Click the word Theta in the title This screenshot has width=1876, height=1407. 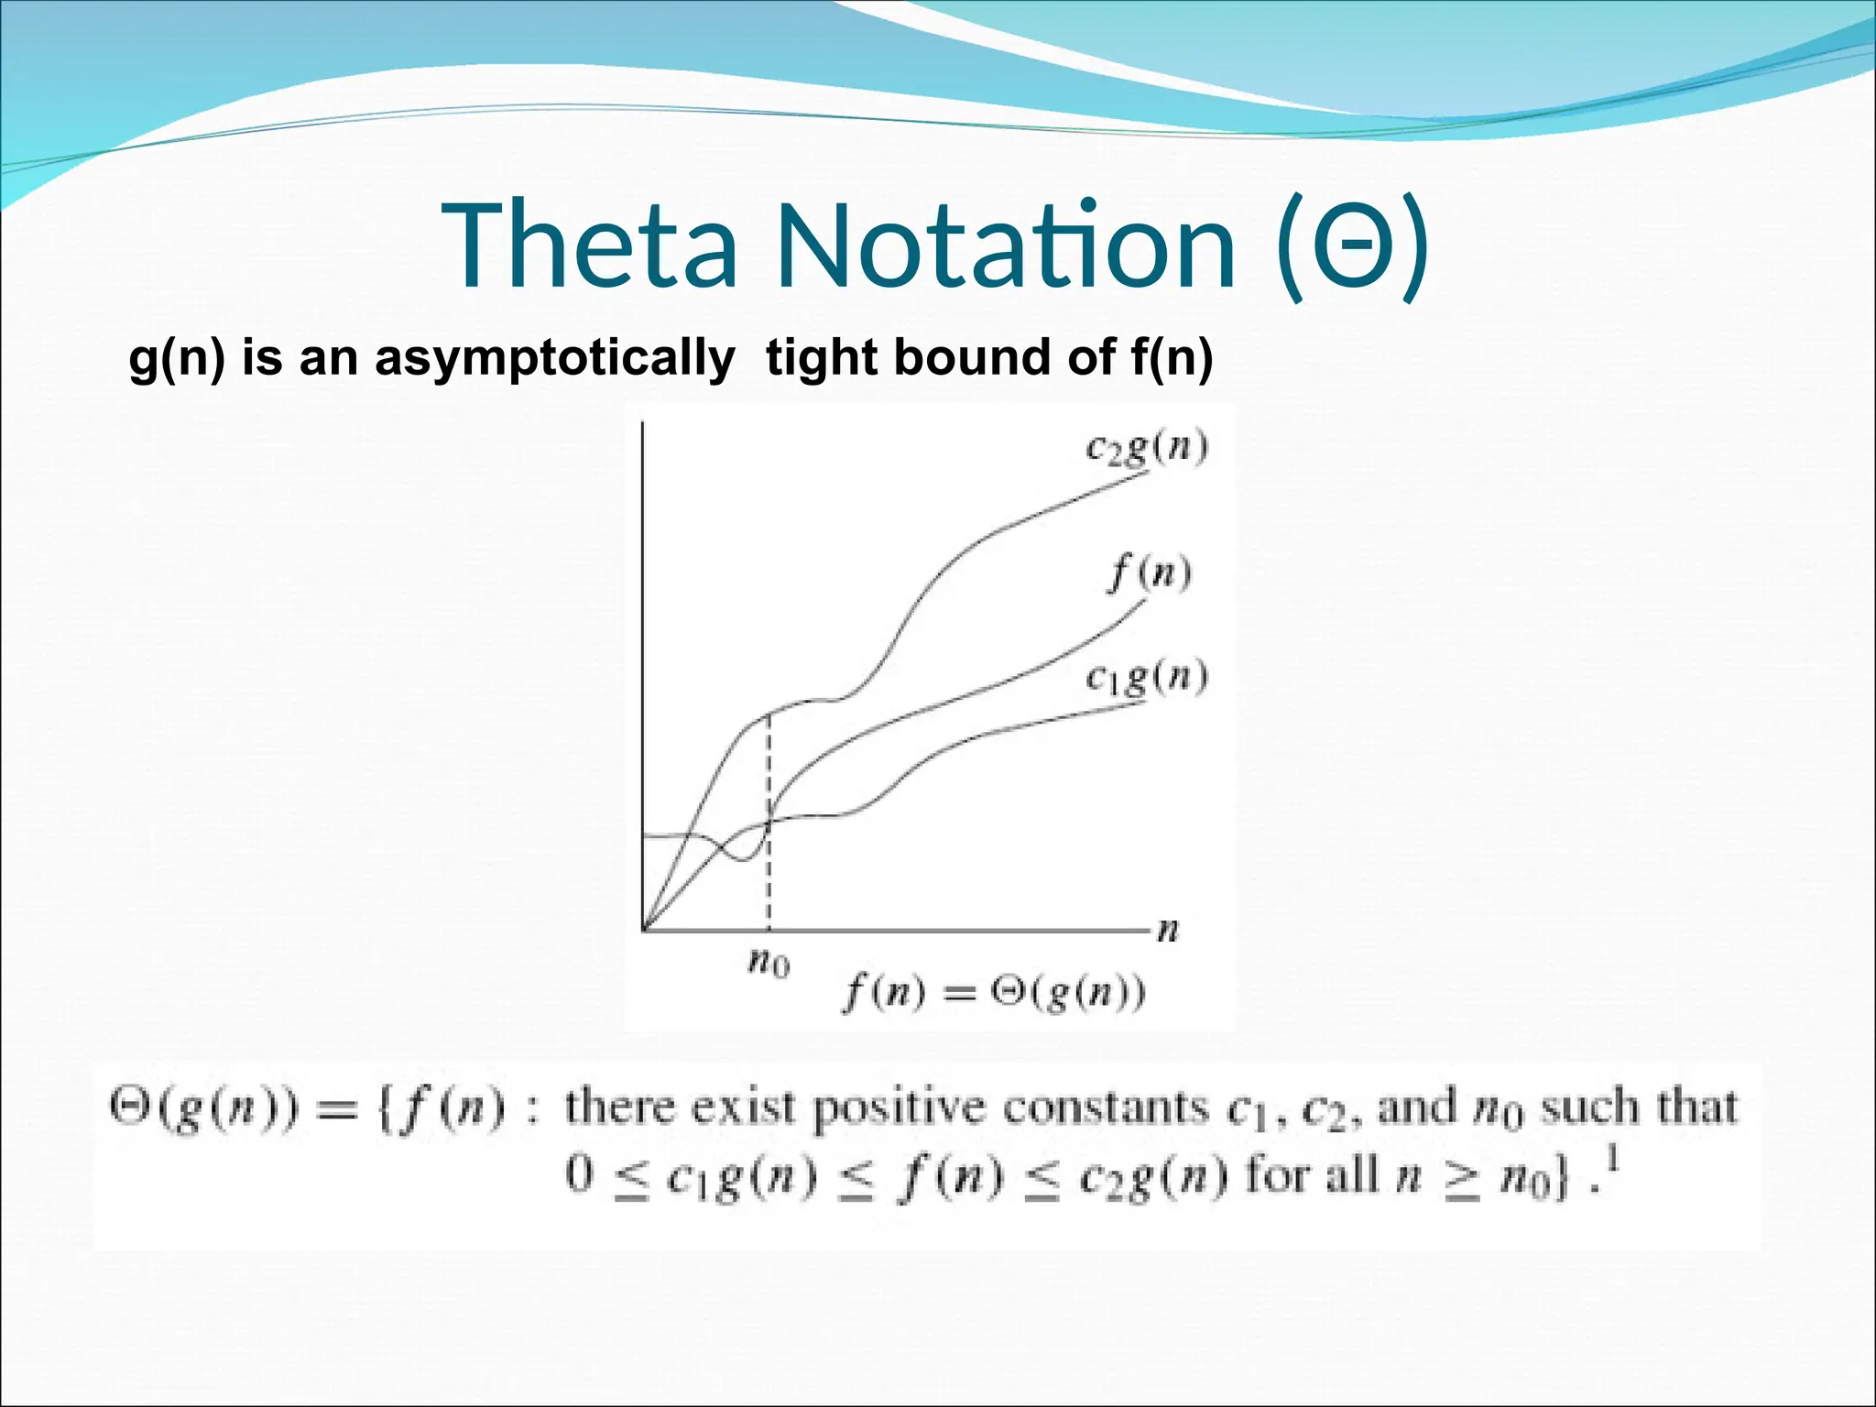[x=591, y=245]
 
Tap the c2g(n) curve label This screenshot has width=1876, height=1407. [x=1146, y=449]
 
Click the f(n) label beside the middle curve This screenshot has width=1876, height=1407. [x=1150, y=574]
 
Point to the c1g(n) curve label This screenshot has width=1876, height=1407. [x=1146, y=679]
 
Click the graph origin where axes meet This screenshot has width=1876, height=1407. [x=645, y=931]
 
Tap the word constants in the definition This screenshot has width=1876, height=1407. [x=1105, y=1108]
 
